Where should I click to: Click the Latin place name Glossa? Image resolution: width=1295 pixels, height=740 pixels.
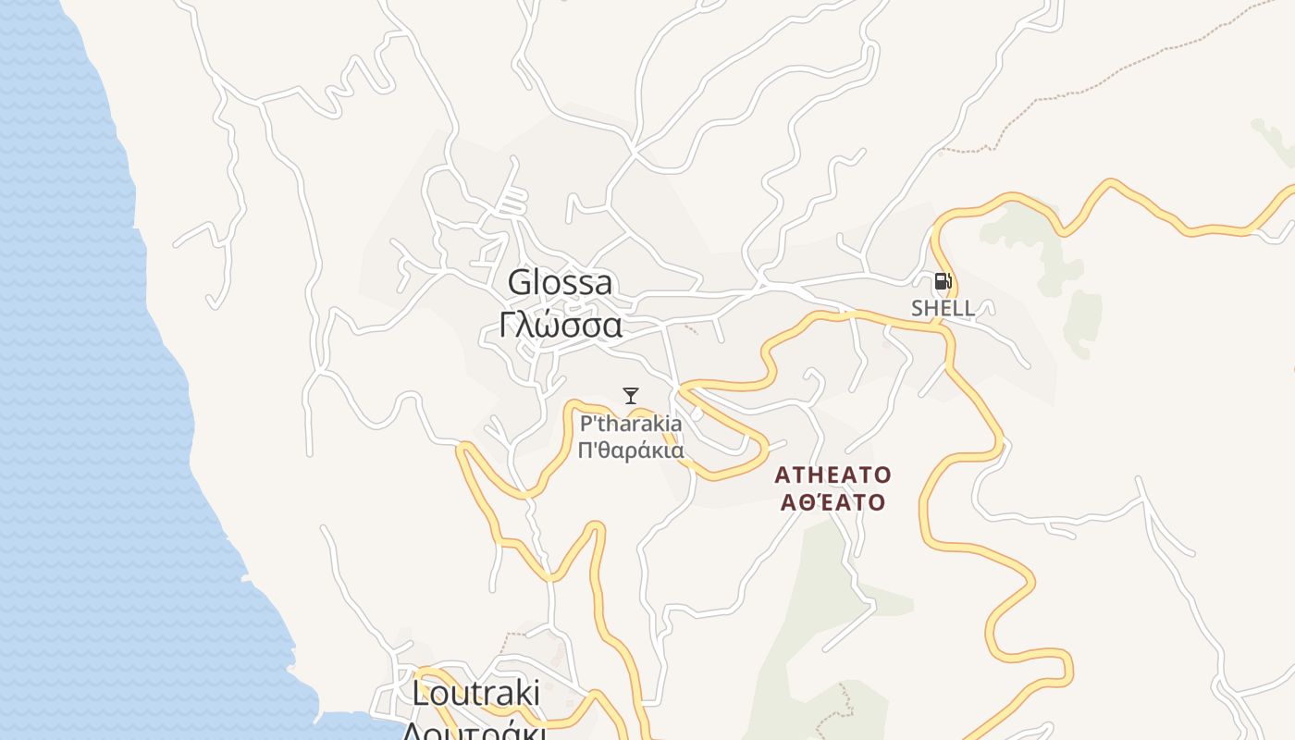(x=560, y=282)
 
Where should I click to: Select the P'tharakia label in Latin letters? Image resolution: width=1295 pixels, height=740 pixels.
(x=631, y=424)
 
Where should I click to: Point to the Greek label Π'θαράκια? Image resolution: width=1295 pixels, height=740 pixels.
(x=631, y=451)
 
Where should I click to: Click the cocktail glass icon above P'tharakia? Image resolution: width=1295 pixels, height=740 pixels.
(x=631, y=396)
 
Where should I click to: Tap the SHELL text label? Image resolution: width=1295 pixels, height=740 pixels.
(x=943, y=308)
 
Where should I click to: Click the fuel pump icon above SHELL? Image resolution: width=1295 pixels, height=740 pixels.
(x=942, y=281)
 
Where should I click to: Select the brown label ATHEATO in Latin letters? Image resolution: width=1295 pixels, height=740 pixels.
(x=832, y=475)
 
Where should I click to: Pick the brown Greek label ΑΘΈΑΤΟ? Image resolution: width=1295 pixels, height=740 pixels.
(x=832, y=503)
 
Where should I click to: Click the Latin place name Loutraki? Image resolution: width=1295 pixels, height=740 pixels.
(x=475, y=693)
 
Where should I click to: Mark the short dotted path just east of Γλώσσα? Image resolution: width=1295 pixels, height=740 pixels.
(x=690, y=329)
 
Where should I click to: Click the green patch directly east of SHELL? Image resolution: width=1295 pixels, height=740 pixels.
(x=1082, y=319)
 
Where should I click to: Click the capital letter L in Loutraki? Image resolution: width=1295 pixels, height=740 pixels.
(x=421, y=693)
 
